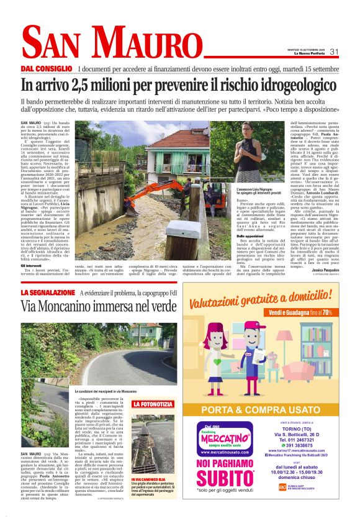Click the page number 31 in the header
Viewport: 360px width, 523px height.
[x=334, y=52]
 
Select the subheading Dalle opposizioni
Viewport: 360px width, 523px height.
[x=249, y=237]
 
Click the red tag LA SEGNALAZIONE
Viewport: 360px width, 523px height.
[x=48, y=292]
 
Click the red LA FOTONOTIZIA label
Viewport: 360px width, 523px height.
[x=149, y=404]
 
